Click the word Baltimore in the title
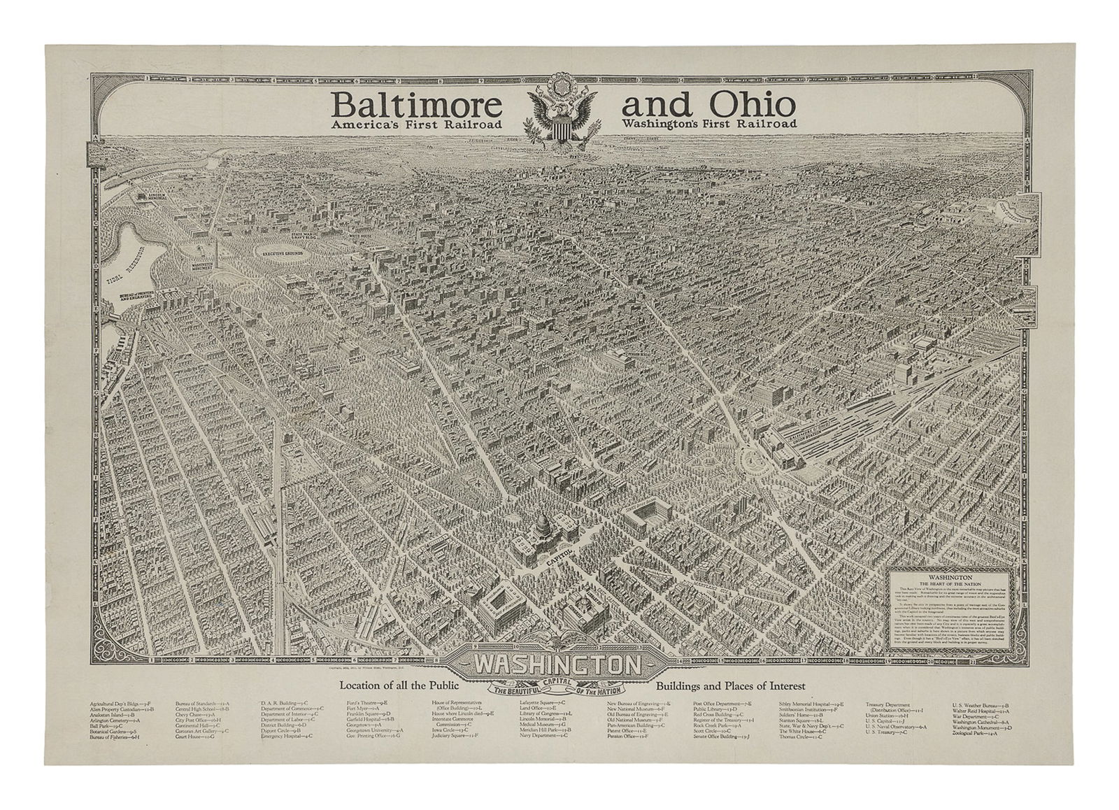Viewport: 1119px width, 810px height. pos(418,106)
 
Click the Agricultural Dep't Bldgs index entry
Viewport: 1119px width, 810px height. pos(117,703)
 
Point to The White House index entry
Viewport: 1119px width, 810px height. pos(803,730)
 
